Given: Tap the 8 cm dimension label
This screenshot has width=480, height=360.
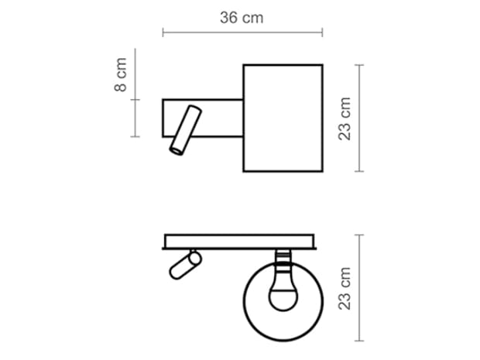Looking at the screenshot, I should (121, 76).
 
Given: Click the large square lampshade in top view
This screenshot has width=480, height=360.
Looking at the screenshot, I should (283, 118).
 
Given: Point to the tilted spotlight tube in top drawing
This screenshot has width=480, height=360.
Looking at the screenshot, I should (184, 130).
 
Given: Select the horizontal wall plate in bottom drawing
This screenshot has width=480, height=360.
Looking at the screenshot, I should (240, 242).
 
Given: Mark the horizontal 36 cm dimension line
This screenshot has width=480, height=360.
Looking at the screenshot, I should (242, 33).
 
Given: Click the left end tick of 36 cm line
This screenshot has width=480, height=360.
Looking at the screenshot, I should (163, 33).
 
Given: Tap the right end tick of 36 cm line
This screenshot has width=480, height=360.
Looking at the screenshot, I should (322, 33).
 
